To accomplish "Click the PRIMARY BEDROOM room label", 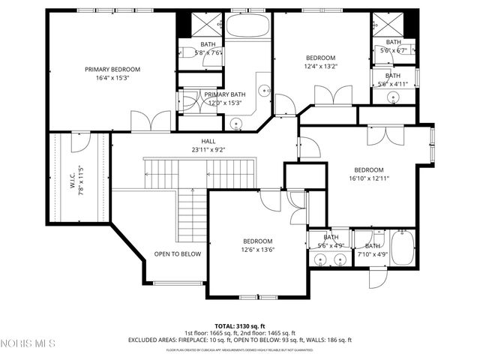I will click(x=112, y=69).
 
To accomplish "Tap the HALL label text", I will click(x=208, y=141).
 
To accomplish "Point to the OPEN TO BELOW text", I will click(x=178, y=254).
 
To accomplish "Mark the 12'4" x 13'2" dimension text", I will click(x=320, y=66).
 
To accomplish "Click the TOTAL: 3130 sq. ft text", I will click(x=240, y=325).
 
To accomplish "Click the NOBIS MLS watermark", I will click(x=28, y=344).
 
